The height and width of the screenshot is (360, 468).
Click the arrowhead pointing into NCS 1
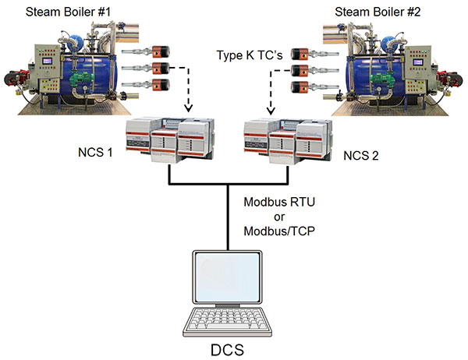187,110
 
